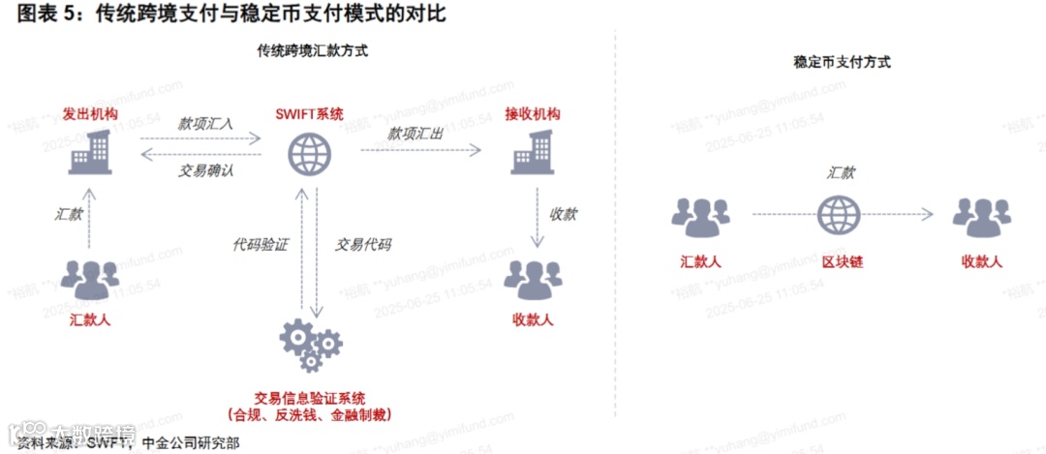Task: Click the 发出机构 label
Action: click(90, 113)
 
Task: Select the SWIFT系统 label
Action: click(310, 113)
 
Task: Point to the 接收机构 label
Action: click(532, 113)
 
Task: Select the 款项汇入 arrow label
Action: click(204, 124)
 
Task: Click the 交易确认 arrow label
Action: click(205, 170)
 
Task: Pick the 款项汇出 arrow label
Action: click(415, 134)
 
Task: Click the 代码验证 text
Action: click(261, 244)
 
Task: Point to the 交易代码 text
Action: click(363, 244)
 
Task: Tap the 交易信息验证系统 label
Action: click(310, 398)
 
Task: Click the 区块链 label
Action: click(840, 261)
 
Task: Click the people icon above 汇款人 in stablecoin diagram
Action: click(700, 217)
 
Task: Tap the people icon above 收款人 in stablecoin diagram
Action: click(981, 217)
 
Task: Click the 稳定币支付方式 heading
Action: click(841, 62)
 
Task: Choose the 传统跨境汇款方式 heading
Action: click(312, 49)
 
